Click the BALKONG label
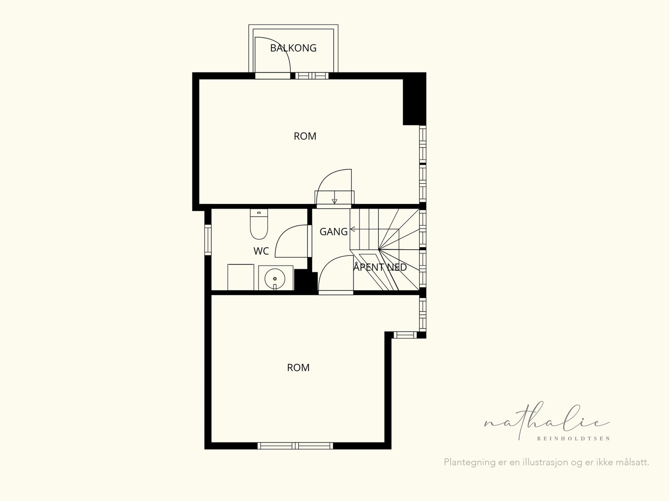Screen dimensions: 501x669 click(293, 48)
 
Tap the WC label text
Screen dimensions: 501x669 click(261, 251)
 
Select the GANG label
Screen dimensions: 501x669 click(333, 232)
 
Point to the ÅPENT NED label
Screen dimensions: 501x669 click(380, 267)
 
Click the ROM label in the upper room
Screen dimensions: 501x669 click(305, 136)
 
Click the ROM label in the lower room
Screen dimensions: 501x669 click(298, 368)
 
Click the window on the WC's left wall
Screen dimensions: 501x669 click(208, 239)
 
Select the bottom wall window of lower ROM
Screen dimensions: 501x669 click(295, 446)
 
